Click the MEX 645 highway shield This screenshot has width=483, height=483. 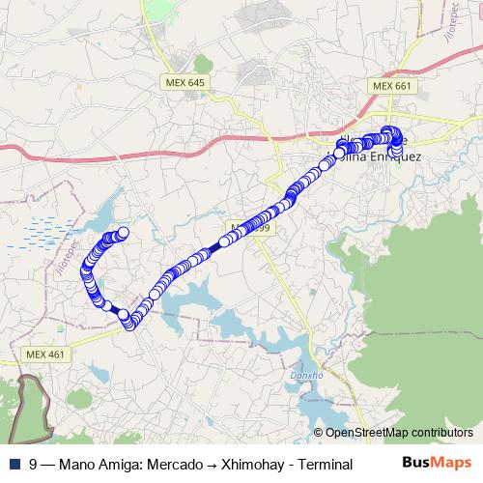[185, 84]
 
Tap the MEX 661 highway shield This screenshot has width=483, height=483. [392, 86]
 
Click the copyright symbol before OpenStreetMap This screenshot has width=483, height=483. [319, 433]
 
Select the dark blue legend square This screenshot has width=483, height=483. [13, 464]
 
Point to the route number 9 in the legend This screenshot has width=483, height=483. [33, 464]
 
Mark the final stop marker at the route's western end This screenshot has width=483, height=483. [123, 232]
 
